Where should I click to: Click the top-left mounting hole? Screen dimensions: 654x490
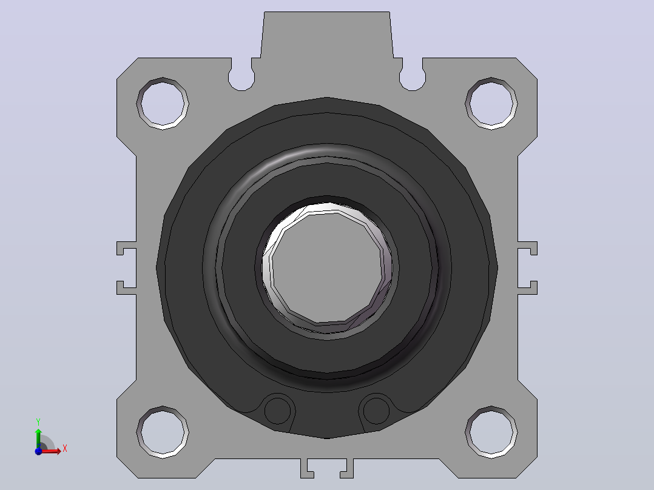click(x=163, y=104)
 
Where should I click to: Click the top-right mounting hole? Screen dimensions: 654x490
click(x=491, y=104)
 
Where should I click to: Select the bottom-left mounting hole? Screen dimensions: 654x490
click(x=163, y=432)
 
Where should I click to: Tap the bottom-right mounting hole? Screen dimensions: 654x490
click(x=491, y=432)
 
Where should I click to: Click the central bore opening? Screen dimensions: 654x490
click(x=327, y=267)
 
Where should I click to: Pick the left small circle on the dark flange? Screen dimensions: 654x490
click(x=278, y=411)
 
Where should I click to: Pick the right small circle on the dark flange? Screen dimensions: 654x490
click(x=376, y=411)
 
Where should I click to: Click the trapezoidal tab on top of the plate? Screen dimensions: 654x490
click(x=327, y=35)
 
